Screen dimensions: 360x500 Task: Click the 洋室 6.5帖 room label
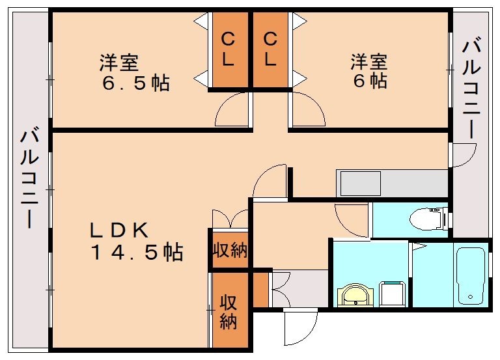click(x=134, y=73)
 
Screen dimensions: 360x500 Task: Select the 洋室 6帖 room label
click(x=369, y=72)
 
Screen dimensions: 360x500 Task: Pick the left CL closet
click(x=229, y=50)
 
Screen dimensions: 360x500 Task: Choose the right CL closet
click(x=270, y=50)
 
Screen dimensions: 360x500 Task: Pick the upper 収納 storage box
click(x=230, y=249)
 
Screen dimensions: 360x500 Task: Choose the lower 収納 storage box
click(x=229, y=311)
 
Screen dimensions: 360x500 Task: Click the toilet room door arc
click(x=352, y=215)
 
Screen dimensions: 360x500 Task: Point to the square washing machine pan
click(x=393, y=294)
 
